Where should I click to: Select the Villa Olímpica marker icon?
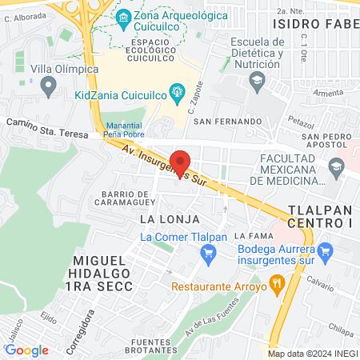48,83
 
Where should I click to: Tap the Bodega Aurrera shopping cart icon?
325,254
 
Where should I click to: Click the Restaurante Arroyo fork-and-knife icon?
278,282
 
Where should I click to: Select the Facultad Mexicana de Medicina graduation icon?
336,166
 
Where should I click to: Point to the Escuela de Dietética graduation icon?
256,79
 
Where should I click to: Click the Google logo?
26,350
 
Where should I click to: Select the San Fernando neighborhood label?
227,121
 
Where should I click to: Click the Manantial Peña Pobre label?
122,131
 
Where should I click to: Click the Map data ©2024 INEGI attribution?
312,354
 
